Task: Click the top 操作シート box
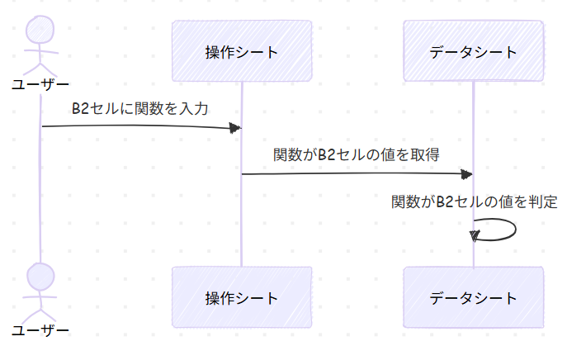(x=241, y=51)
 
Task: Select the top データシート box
(x=474, y=51)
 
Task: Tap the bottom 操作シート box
(x=241, y=297)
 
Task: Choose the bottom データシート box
(x=474, y=297)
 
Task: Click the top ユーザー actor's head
(x=40, y=31)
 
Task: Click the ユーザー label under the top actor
(x=40, y=83)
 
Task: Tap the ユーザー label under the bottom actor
(x=40, y=330)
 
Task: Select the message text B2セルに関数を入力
(x=141, y=108)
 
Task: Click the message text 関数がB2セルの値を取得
(x=357, y=154)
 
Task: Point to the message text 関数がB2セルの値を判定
(x=475, y=201)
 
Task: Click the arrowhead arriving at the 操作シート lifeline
(x=235, y=127)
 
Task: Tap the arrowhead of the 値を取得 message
(x=467, y=173)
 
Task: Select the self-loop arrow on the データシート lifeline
(x=506, y=228)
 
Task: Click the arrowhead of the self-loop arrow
(x=475, y=236)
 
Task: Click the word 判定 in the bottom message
(x=544, y=201)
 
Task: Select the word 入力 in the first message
(x=196, y=108)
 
